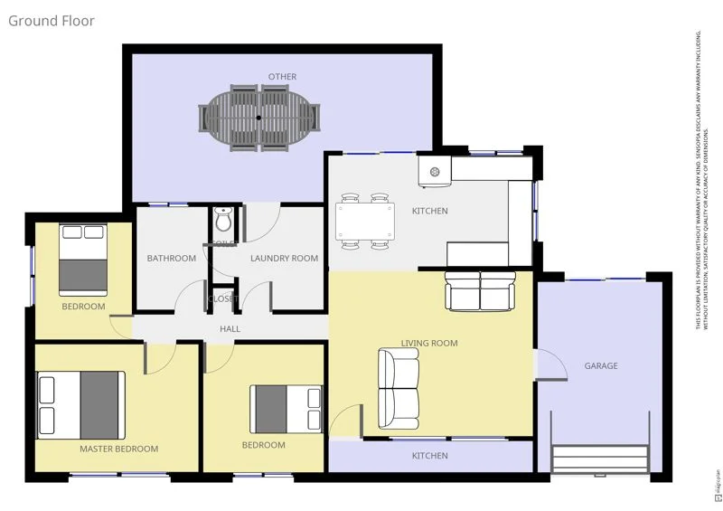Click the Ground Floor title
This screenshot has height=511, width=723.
[x=52, y=20]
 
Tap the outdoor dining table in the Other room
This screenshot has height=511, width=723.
[x=259, y=118]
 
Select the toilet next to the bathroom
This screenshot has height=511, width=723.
[x=224, y=220]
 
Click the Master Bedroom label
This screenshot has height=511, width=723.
[x=118, y=449]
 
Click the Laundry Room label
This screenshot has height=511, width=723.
[x=284, y=259]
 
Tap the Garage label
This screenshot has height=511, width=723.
[x=601, y=366]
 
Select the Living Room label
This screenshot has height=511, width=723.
[x=429, y=343]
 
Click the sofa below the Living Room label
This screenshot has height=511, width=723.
[x=399, y=389]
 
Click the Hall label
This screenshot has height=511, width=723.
[x=230, y=329]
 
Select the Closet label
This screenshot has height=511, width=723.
[x=222, y=298]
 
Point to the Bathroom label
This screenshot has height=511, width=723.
[x=172, y=259]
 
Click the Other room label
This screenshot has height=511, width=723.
[x=282, y=77]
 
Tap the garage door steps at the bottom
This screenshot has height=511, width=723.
[x=601, y=459]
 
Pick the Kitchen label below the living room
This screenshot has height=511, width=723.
[x=429, y=456]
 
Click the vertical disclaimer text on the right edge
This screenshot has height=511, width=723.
[x=702, y=181]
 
